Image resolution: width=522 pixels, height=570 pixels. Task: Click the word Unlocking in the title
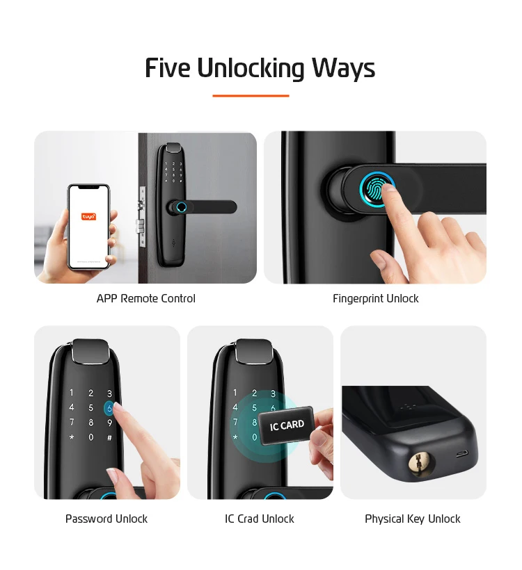(x=251, y=68)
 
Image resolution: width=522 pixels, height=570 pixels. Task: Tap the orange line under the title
(x=251, y=96)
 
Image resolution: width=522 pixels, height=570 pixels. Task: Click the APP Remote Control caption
(x=145, y=299)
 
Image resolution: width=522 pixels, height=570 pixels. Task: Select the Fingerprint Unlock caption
(x=375, y=299)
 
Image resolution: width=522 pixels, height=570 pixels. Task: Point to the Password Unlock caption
(x=106, y=519)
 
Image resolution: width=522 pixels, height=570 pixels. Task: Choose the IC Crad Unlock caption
(x=260, y=519)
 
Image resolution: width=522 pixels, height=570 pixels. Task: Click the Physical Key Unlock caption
(x=413, y=519)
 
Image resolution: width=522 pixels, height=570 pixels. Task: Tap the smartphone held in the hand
(x=88, y=226)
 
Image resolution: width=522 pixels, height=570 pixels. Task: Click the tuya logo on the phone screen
(x=88, y=216)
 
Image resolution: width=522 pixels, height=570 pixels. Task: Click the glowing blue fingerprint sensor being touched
(x=377, y=187)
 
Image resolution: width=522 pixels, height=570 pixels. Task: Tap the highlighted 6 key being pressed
(x=109, y=408)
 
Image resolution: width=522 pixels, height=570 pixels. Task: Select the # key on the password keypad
(x=109, y=438)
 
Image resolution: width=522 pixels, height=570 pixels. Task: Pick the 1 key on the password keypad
(x=71, y=393)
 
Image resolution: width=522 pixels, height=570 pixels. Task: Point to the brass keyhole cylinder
(x=420, y=463)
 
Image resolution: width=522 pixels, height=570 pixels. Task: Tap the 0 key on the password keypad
(x=90, y=438)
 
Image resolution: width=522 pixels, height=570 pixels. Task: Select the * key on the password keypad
(x=71, y=438)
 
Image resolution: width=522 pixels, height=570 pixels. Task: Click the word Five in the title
(x=168, y=68)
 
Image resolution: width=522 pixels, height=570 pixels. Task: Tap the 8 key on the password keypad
(x=90, y=423)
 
